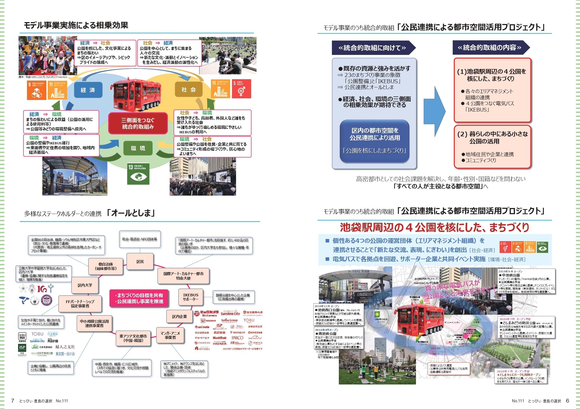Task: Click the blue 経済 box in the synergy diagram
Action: click(x=88, y=90)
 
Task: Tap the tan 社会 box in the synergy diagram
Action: click(x=189, y=90)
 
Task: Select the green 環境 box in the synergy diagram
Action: click(x=138, y=148)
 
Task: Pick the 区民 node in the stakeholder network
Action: click(x=140, y=262)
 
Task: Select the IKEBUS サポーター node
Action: click(x=191, y=297)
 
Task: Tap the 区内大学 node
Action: click(x=85, y=285)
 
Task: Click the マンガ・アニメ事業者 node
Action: click(x=170, y=335)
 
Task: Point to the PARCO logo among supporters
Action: click(x=238, y=338)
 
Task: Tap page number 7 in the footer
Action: click(x=12, y=401)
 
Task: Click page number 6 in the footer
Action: click(x=567, y=401)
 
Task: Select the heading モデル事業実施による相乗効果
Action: click(x=76, y=26)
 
